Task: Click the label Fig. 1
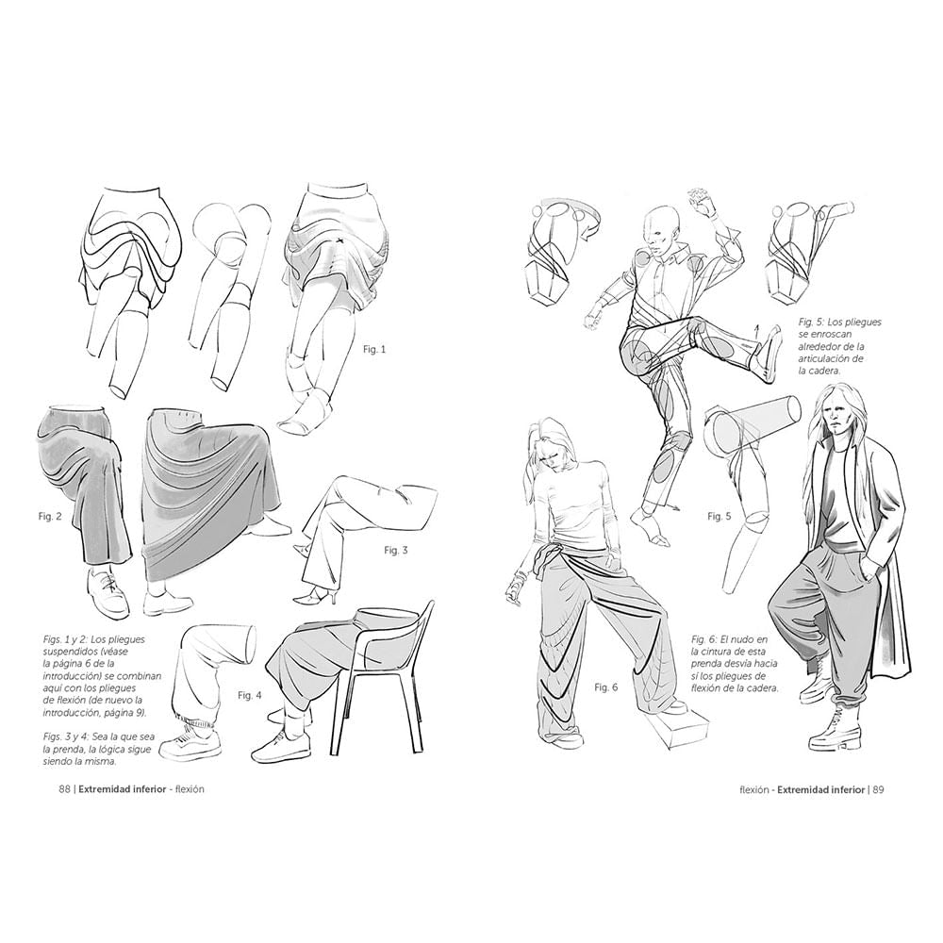(x=374, y=349)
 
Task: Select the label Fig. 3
(x=395, y=550)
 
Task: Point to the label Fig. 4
(x=249, y=695)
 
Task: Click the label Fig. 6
(x=605, y=687)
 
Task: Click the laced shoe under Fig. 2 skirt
(x=107, y=591)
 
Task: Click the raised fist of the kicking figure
(x=699, y=198)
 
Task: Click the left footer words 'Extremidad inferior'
(x=123, y=789)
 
